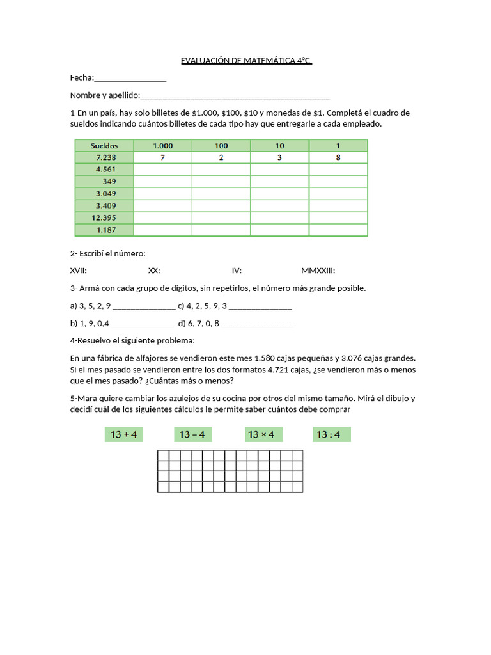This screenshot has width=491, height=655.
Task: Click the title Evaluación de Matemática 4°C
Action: coord(246,61)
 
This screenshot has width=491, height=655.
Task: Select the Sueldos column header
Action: coord(104,145)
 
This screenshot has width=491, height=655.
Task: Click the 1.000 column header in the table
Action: coord(162,145)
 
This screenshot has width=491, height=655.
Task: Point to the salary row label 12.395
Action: coord(104,217)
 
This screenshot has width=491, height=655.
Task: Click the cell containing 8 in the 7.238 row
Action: coord(338,157)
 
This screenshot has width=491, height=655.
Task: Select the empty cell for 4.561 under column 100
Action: coord(221,170)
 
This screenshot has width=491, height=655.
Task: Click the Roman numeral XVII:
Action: coord(79,271)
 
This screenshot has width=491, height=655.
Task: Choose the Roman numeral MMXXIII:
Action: coord(318,271)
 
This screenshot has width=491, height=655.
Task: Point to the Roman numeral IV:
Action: coord(237,271)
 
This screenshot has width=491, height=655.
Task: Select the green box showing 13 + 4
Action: coord(124,435)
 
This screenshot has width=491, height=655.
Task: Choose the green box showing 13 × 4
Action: coord(261,435)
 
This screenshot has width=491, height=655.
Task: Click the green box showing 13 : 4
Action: coord(331,435)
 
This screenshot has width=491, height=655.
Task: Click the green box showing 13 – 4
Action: coord(192,435)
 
